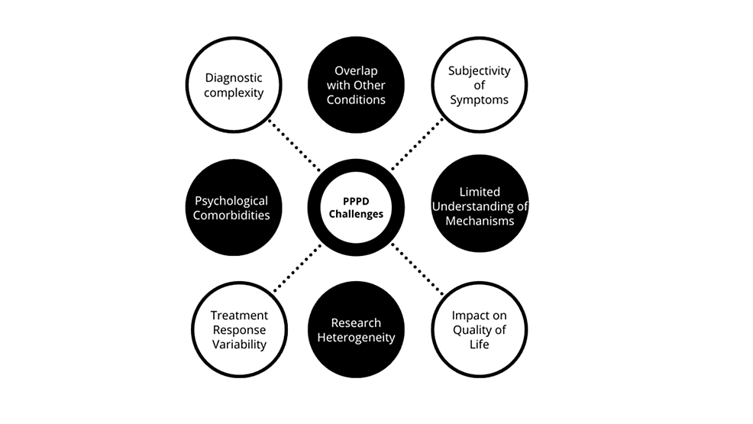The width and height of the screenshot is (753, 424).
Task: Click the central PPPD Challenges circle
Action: click(356, 207)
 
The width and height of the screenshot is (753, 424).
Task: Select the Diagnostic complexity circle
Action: click(234, 85)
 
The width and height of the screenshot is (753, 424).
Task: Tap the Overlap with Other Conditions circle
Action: click(356, 85)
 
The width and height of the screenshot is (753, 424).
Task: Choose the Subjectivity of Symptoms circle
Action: click(479, 85)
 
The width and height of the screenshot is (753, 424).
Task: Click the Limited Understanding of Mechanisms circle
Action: click(479, 207)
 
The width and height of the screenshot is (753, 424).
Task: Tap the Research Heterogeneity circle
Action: click(356, 329)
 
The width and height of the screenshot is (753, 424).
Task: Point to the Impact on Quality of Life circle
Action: click(479, 329)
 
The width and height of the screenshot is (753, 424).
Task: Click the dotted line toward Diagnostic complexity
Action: click(295, 145)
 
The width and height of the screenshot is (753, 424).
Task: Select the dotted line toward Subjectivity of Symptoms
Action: click(417, 145)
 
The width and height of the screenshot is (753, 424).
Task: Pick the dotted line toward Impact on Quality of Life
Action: click(417, 268)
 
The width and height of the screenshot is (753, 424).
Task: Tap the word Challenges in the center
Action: click(356, 214)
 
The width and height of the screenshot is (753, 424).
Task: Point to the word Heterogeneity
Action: click(356, 337)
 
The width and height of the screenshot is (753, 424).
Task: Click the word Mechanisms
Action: click(479, 221)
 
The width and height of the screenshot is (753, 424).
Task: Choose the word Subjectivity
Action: click(479, 71)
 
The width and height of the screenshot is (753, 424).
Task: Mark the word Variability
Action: click(239, 344)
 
